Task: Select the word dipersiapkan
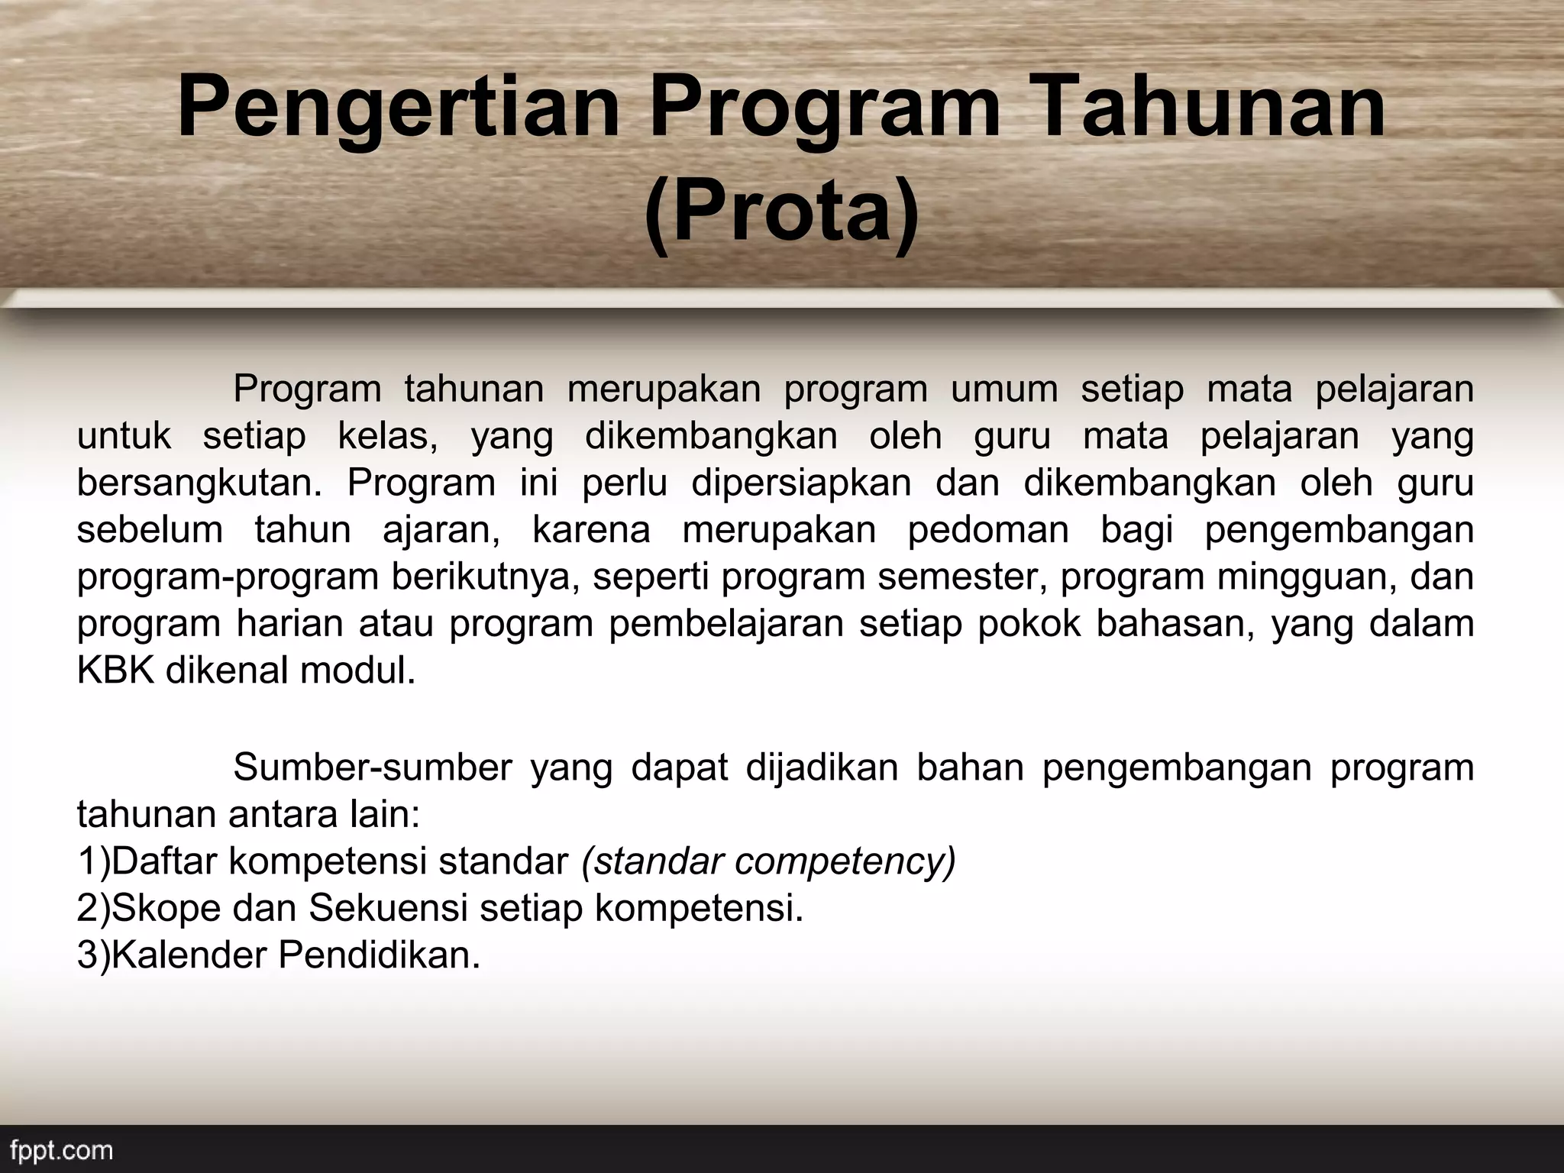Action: pos(801,484)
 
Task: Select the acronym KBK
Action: pos(116,671)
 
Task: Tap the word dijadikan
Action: pos(822,768)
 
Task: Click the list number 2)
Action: pos(93,909)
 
